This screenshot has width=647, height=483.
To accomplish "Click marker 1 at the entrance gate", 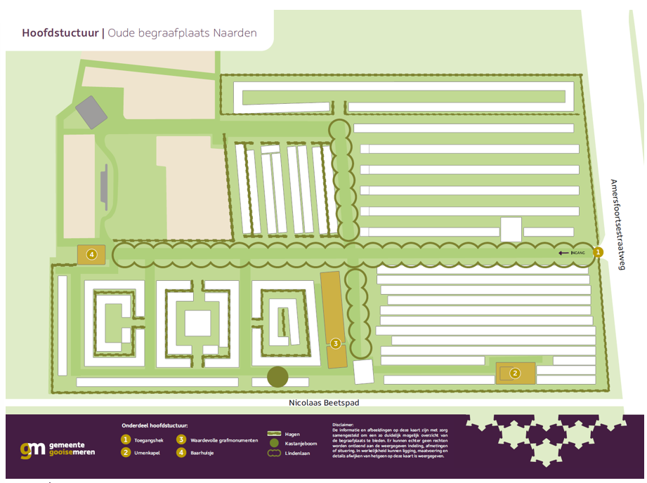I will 598,252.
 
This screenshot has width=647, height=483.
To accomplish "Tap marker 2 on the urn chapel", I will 515,373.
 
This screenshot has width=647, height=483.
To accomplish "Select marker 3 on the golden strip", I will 336,343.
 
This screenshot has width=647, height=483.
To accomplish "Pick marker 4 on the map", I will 91,254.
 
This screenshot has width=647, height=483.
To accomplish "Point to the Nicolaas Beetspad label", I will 324,403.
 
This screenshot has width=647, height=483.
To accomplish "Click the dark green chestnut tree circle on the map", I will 277,377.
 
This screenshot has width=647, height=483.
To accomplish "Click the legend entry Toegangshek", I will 149,440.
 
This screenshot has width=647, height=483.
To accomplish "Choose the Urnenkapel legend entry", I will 148,453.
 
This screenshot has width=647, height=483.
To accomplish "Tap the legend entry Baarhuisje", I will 203,453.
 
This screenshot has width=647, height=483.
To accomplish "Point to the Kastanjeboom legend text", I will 301,444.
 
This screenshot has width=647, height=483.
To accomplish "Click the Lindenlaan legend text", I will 299,454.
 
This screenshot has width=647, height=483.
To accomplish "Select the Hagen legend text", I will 292,434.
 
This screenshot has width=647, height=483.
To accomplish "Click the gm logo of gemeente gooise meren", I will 32,450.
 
